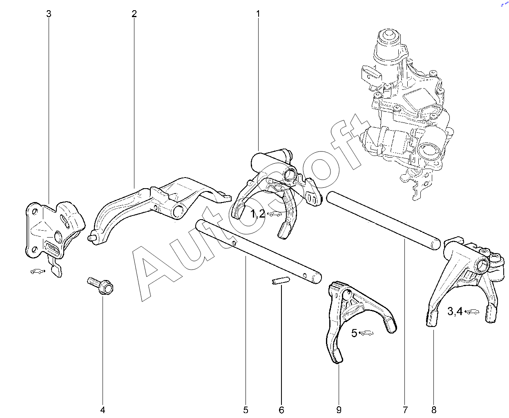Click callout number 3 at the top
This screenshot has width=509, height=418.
49,14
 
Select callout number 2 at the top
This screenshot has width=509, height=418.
134,14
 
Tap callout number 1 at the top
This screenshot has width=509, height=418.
258,14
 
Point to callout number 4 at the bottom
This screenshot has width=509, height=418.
103,410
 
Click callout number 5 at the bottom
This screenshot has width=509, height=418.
246,410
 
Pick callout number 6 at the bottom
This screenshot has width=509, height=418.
281,410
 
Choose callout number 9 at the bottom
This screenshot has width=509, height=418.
339,410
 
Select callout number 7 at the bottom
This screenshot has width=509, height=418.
405,410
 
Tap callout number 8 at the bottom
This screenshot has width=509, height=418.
434,410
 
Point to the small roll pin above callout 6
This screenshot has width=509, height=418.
281,281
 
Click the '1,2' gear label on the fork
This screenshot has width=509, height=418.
258,213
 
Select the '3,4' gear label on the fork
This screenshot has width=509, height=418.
455,311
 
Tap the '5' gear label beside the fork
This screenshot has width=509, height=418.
354,333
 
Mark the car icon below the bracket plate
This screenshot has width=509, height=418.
37,271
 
